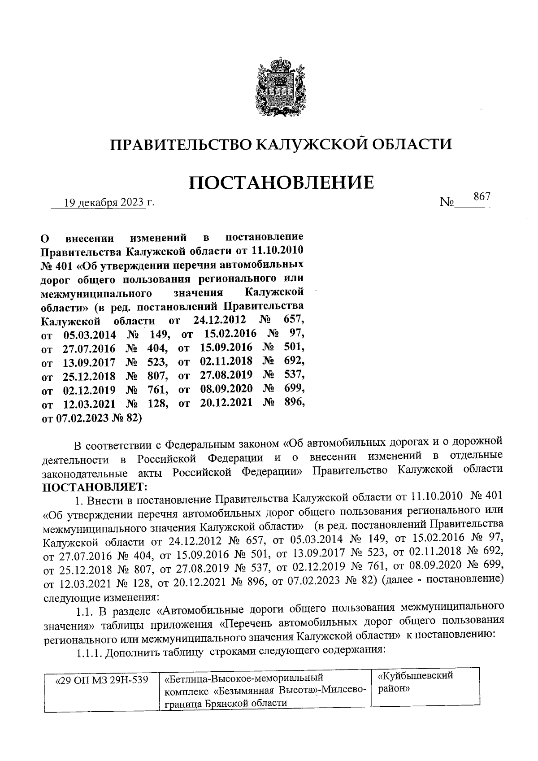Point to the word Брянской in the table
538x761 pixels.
[223, 703]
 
